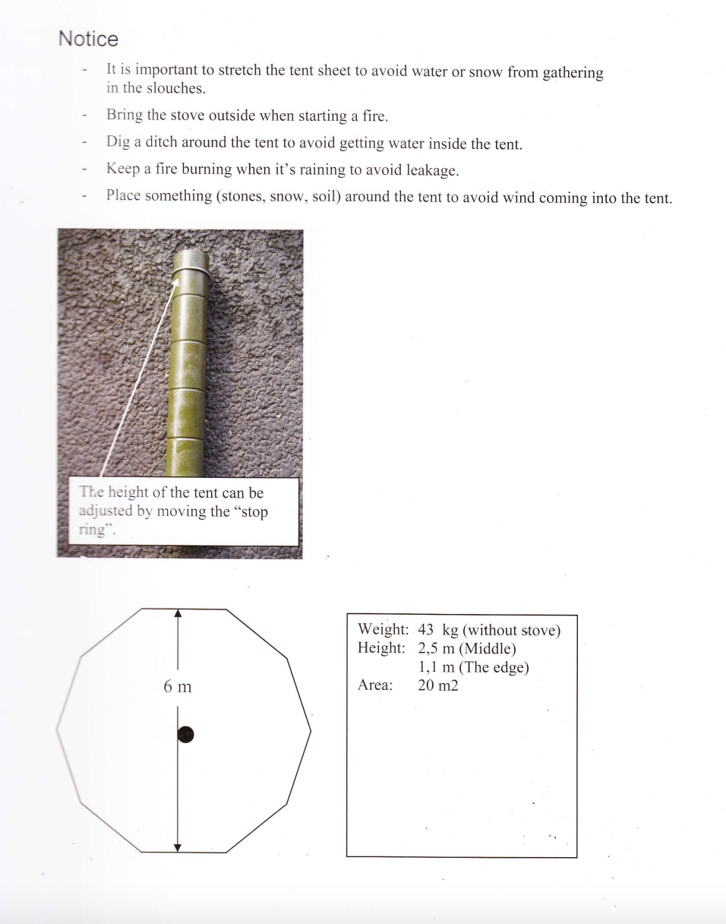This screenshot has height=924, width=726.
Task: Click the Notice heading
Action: click(x=88, y=39)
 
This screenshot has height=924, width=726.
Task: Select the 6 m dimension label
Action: click(x=177, y=687)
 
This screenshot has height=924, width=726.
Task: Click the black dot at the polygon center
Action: click(x=185, y=734)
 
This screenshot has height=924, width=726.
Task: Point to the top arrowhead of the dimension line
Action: click(x=178, y=614)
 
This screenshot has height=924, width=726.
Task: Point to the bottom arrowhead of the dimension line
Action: click(x=178, y=847)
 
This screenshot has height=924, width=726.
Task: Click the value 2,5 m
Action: click(x=436, y=648)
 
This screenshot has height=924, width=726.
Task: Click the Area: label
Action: click(x=375, y=685)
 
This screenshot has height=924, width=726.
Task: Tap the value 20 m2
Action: click(x=438, y=685)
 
